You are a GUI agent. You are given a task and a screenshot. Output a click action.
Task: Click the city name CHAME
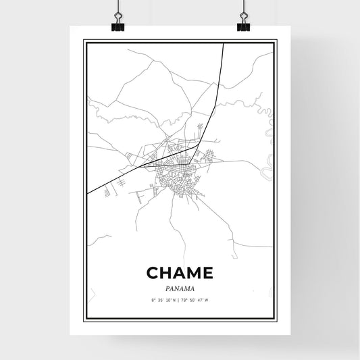point(180,273)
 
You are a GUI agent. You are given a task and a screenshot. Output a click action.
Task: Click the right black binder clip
point(243,26)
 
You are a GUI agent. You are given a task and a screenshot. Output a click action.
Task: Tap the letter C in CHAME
point(153,273)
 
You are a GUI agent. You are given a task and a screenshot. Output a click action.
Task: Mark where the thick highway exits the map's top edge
point(223,44)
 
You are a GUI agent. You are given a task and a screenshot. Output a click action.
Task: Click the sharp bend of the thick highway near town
point(196,145)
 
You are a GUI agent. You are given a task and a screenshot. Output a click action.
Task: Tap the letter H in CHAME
point(167,273)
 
